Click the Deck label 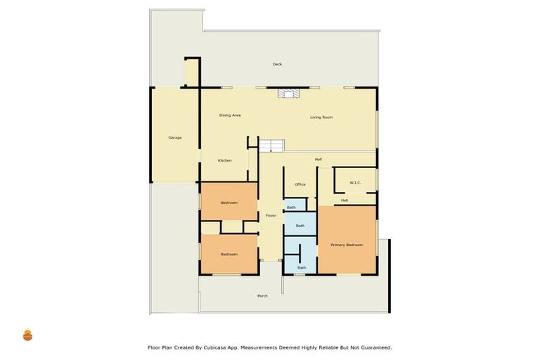point(277,64)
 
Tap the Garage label point(175,137)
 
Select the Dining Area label point(230,115)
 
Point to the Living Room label point(321,117)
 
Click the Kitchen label point(224,160)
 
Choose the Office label point(300,184)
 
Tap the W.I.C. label point(355,183)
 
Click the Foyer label point(271,215)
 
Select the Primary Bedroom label point(347,245)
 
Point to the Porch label point(262,296)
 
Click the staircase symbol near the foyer point(271,146)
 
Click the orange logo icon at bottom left point(28,335)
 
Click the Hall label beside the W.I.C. point(345,200)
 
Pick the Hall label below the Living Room point(318,159)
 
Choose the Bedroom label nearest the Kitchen point(229,202)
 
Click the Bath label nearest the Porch point(302,268)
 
